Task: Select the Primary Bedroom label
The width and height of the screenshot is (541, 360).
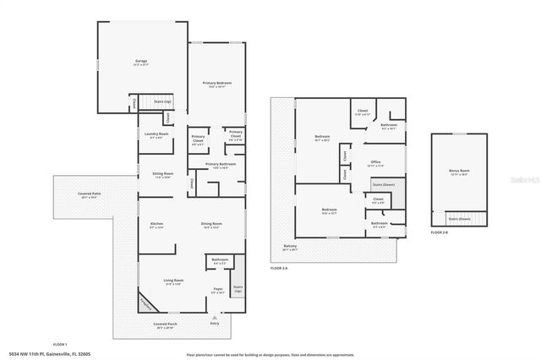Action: click(x=216, y=83)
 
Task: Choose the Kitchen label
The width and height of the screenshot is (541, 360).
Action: click(x=156, y=224)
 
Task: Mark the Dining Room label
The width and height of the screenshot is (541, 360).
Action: click(x=211, y=224)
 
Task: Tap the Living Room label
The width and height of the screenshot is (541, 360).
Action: click(x=174, y=282)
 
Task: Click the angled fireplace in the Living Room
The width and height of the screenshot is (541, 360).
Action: click(x=148, y=301)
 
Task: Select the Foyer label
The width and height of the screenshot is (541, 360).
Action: click(x=217, y=290)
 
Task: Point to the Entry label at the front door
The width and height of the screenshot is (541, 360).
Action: click(x=214, y=323)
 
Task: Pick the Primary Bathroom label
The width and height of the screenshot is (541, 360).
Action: click(x=217, y=164)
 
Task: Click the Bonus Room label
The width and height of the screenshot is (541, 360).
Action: click(x=459, y=172)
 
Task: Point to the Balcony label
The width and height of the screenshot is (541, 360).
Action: click(x=289, y=248)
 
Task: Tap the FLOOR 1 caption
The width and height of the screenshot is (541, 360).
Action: click(x=60, y=345)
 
